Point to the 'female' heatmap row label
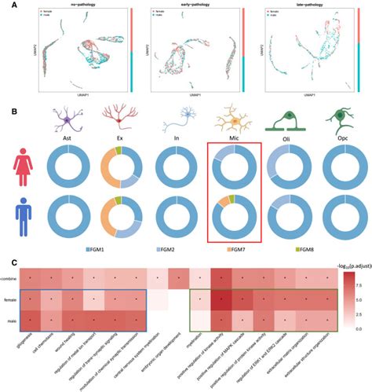point(12,299)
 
